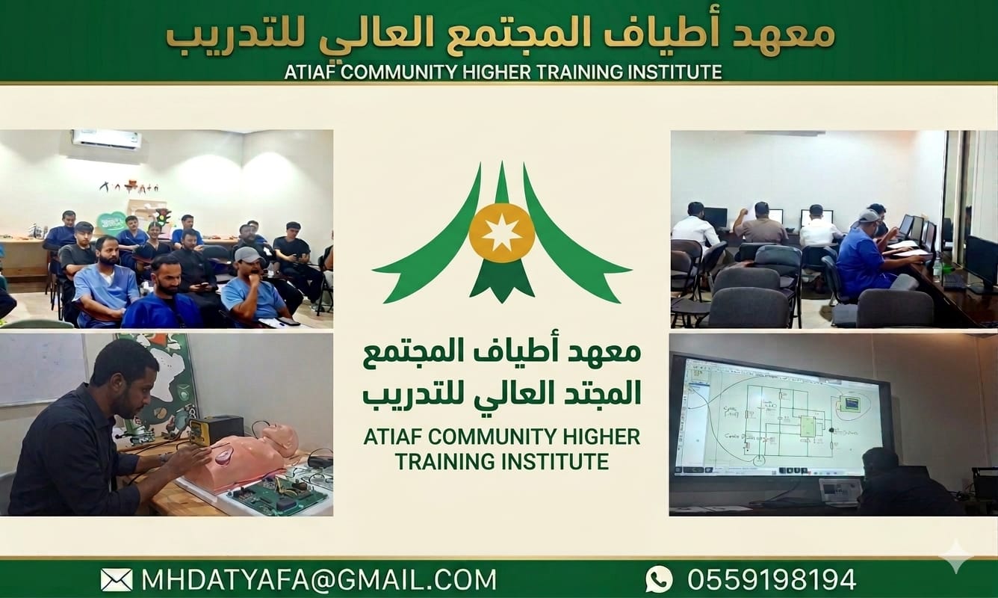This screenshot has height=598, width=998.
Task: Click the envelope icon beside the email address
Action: click(x=116, y=579)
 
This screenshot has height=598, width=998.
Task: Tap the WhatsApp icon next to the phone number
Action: click(x=658, y=579)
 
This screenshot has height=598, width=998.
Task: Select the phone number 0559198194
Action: click(x=772, y=579)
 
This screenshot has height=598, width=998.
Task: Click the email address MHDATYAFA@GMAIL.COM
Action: click(x=318, y=579)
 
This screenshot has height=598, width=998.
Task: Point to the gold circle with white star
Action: click(x=501, y=232)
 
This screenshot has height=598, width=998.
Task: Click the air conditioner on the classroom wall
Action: click(x=107, y=140)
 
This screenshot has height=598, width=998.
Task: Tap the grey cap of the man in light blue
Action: click(x=247, y=254)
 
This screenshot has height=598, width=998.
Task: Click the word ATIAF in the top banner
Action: click(x=311, y=72)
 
